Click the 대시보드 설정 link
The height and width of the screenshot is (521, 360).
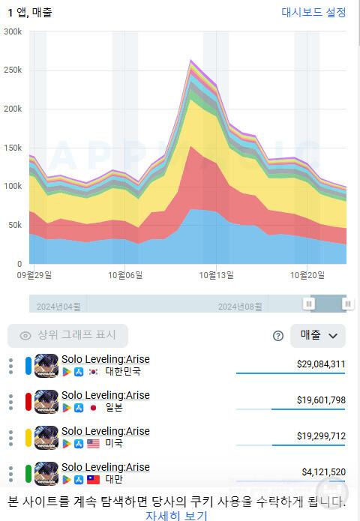coord(313,12)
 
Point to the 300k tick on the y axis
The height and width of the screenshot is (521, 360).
coord(13,32)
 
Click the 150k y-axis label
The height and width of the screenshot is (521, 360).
coord(13,148)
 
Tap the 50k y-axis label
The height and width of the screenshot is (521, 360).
coord(15,226)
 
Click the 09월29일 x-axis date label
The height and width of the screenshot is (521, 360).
coord(34,275)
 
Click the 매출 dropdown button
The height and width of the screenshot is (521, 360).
coord(318,336)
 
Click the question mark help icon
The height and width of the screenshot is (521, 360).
coord(278,336)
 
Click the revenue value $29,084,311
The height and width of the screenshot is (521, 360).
coord(320,364)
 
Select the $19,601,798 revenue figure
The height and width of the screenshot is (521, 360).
coord(320,400)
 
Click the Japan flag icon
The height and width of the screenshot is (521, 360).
coord(94,408)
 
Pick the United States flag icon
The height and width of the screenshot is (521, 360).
coord(94,444)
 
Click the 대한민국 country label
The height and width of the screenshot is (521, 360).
coord(122,372)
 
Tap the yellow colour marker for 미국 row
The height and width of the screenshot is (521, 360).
coord(28,437)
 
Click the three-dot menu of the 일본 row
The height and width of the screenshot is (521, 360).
coord(10,401)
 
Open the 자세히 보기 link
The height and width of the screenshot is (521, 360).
coord(176,515)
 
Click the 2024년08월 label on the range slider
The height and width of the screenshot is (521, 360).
coord(240,307)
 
